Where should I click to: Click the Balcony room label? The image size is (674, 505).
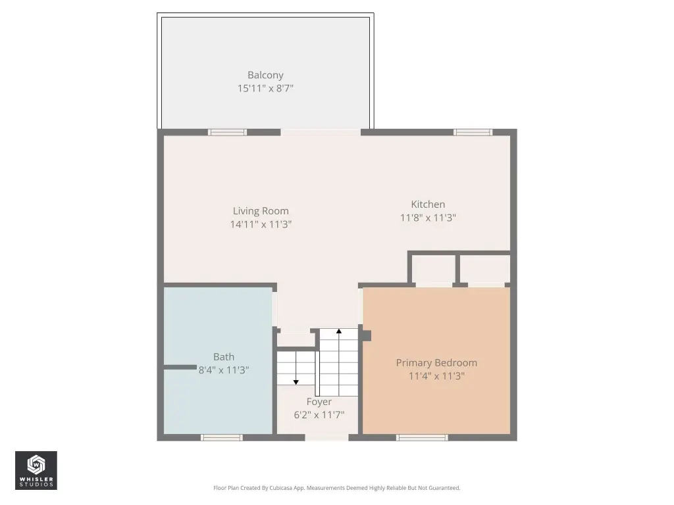click(x=265, y=75)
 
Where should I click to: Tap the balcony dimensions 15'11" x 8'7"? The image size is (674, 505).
click(x=265, y=88)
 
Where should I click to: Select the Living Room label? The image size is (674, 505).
click(x=261, y=211)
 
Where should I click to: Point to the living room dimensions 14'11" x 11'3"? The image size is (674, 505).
click(x=261, y=224)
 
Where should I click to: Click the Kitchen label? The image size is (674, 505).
click(x=428, y=204)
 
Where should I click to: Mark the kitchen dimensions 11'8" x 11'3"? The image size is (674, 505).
click(x=428, y=218)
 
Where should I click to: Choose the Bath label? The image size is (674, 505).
click(x=224, y=357)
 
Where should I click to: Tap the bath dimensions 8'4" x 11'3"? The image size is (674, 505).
click(x=224, y=370)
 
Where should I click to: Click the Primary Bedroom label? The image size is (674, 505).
click(x=436, y=363)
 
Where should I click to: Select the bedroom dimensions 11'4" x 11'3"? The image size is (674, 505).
click(x=436, y=376)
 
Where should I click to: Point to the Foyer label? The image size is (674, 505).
click(x=319, y=402)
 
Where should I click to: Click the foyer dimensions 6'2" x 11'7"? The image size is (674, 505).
click(x=319, y=415)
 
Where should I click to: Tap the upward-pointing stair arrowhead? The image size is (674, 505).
click(x=339, y=331)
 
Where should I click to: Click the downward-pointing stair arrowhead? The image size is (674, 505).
click(x=296, y=382)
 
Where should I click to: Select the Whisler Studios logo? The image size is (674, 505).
click(x=36, y=470)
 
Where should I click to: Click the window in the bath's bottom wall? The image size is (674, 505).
click(x=222, y=437)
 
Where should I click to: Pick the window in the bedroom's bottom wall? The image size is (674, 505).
click(x=422, y=437)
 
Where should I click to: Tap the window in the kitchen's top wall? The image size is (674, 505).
click(x=473, y=132)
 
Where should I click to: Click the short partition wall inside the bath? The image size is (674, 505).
click(x=180, y=367)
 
